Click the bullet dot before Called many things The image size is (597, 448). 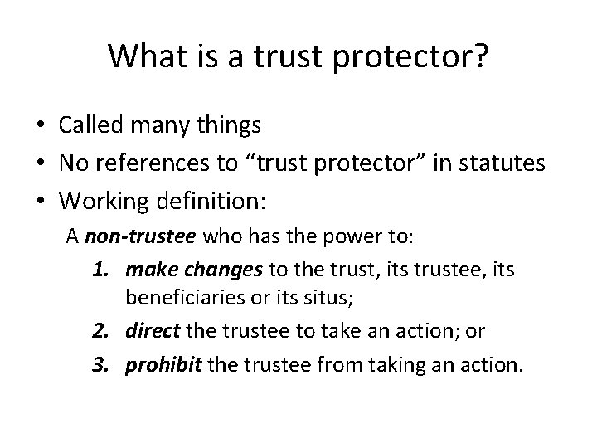click(40, 126)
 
